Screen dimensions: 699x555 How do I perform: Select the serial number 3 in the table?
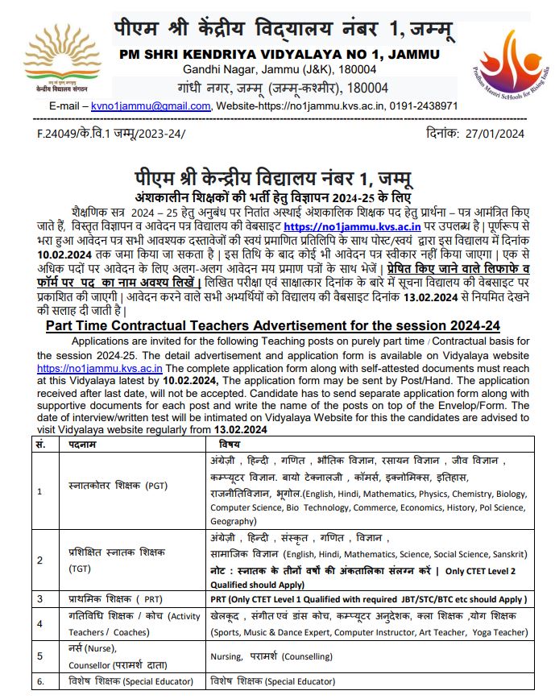[40, 599]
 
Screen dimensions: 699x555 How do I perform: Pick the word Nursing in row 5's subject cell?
[229, 657]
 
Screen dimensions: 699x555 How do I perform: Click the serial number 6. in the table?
[41, 681]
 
